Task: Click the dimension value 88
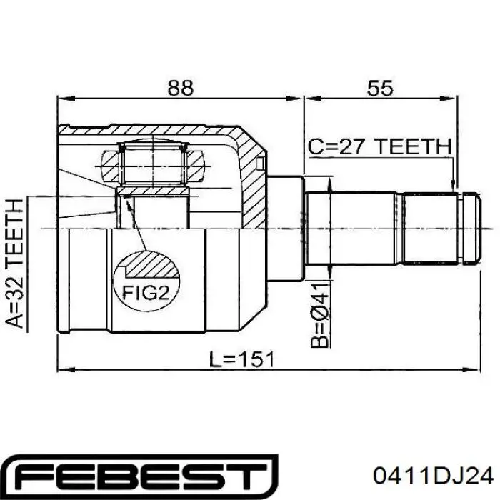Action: pos(181,88)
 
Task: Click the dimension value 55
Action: pos(380,88)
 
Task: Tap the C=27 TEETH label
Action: pos(380,146)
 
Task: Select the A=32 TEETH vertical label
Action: pos(15,264)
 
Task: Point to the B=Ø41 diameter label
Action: pos(320,314)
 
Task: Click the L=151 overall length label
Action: pos(241,359)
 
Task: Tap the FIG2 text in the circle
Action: pos(146,292)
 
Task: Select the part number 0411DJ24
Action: pos(434,476)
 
